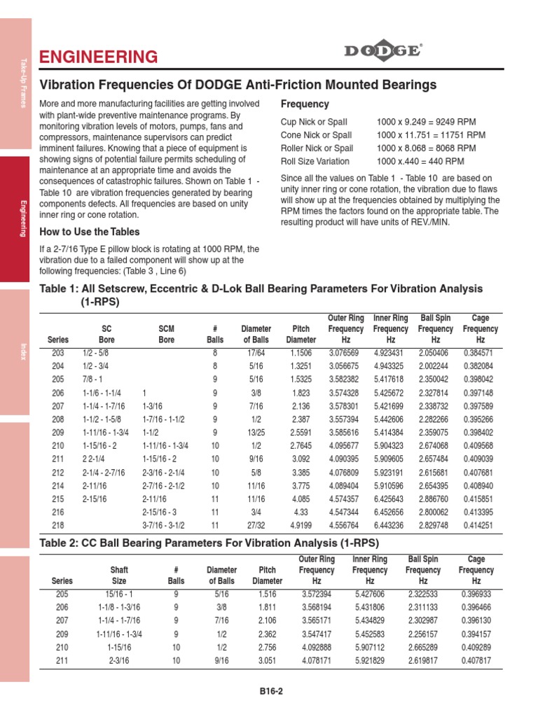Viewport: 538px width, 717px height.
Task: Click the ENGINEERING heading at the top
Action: tap(98, 57)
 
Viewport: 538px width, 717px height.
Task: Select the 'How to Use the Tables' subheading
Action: tap(90, 232)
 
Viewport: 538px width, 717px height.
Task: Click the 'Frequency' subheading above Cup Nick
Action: tap(305, 104)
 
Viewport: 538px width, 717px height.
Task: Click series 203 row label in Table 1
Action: tap(58, 354)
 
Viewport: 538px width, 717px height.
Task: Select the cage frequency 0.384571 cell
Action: tap(478, 354)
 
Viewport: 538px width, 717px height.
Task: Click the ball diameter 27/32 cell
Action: tap(256, 524)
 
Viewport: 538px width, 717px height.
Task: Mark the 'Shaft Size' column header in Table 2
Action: tap(119, 576)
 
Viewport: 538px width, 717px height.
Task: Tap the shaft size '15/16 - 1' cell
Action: tap(119, 594)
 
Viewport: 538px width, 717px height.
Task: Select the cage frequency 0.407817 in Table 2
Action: tap(476, 660)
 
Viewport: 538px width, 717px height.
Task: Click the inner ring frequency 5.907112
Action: tap(370, 647)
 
